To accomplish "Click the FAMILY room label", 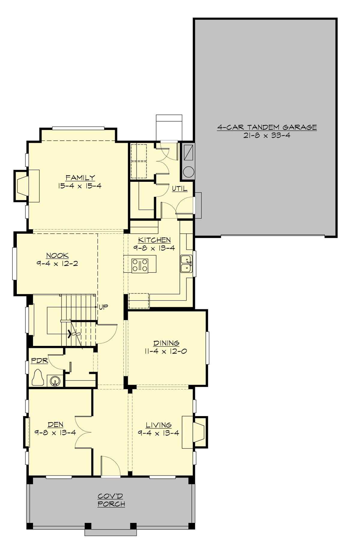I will click(80, 178).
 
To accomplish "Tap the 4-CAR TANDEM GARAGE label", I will click(267, 127).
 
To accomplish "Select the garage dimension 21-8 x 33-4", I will click(267, 135).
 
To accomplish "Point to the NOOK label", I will click(57, 256).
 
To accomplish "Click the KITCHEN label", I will click(154, 240).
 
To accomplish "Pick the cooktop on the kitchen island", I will click(140, 265).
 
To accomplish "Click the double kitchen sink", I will click(186, 264).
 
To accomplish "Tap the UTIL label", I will click(179, 189).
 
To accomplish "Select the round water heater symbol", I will click(189, 172).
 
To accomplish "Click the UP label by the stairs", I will click(103, 307).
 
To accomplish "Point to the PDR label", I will click(40, 361).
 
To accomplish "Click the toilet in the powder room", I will click(38, 377).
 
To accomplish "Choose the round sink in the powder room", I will click(54, 381).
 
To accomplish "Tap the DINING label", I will click(166, 343).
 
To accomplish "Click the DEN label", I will click(55, 424).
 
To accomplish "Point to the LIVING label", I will click(159, 425).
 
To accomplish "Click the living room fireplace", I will click(199, 432).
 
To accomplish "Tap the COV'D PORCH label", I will click(111, 500).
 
